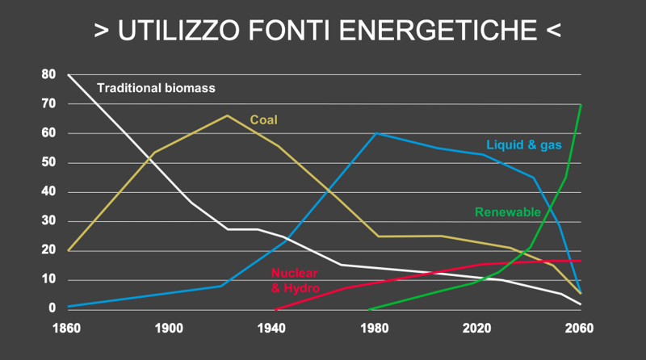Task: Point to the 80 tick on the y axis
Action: point(49,75)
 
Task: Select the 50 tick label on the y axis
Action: point(49,163)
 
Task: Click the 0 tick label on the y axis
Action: point(52,309)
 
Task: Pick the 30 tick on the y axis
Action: point(49,221)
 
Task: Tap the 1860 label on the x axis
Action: point(69,329)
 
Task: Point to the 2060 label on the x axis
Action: point(580,329)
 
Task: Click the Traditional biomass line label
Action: point(156,88)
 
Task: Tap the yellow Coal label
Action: point(263,119)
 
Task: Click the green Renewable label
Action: point(507,212)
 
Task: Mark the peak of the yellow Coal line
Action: point(227,115)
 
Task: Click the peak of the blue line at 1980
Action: point(375,133)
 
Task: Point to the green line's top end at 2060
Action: point(581,105)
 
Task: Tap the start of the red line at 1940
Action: point(276,309)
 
